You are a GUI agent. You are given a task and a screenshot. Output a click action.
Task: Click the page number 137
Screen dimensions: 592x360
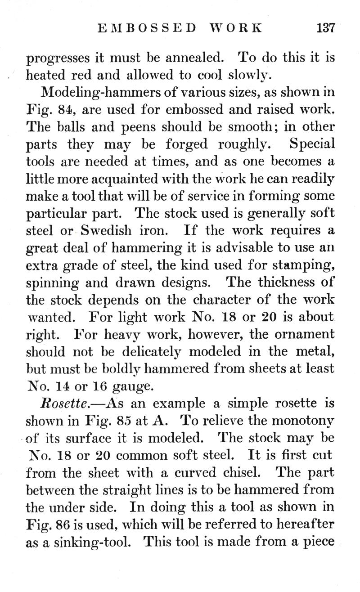coord(326,27)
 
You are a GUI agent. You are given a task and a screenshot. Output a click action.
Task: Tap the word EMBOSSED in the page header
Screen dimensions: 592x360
coord(147,27)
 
